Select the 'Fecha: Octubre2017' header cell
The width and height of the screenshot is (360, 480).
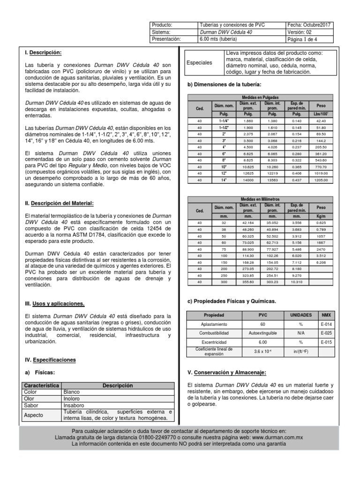point(310,25)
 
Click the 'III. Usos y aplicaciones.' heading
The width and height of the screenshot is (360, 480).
point(54,304)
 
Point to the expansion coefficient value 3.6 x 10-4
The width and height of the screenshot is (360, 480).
point(262,352)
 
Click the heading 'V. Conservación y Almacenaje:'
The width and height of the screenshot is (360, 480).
point(226,373)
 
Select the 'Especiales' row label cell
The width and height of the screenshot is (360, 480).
point(199,62)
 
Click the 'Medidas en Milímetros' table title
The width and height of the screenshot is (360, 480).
point(262,199)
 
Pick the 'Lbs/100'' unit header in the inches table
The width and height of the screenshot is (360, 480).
point(321,113)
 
